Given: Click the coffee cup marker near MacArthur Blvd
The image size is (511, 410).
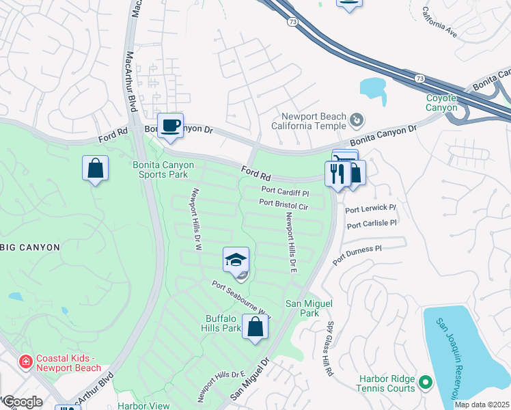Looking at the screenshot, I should [x=170, y=126].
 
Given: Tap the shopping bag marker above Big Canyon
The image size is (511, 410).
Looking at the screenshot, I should [x=95, y=168].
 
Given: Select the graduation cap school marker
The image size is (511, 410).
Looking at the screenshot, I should [x=236, y=260].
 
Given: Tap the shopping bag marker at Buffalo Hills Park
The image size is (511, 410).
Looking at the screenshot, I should [x=255, y=327].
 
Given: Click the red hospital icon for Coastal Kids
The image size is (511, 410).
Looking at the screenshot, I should [x=25, y=360].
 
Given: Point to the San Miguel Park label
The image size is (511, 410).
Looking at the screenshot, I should [x=302, y=308].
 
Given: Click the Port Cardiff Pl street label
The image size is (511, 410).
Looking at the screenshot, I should [x=286, y=193].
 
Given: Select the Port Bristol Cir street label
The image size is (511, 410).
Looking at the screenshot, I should [x=284, y=204].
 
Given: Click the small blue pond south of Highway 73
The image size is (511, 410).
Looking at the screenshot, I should [x=373, y=87].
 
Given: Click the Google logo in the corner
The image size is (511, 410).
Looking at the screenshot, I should [x=23, y=402].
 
